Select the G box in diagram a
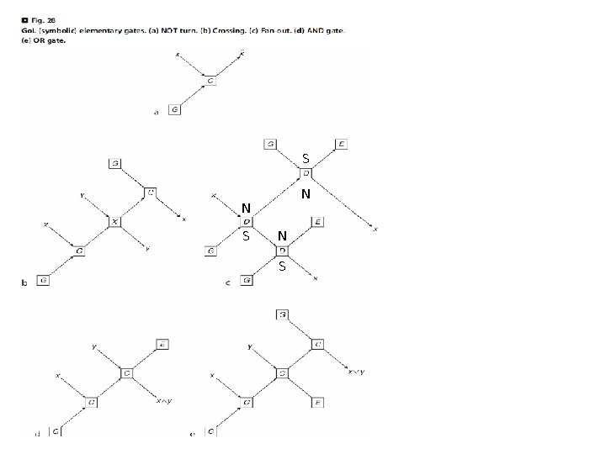click(173, 110)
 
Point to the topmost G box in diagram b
click(114, 163)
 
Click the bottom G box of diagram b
click(42, 281)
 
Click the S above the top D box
click(306, 158)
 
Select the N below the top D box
click(306, 194)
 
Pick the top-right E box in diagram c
click(341, 145)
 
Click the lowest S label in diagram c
click(282, 267)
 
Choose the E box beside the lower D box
click(317, 222)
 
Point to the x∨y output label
click(356, 372)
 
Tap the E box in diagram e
click(317, 403)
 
